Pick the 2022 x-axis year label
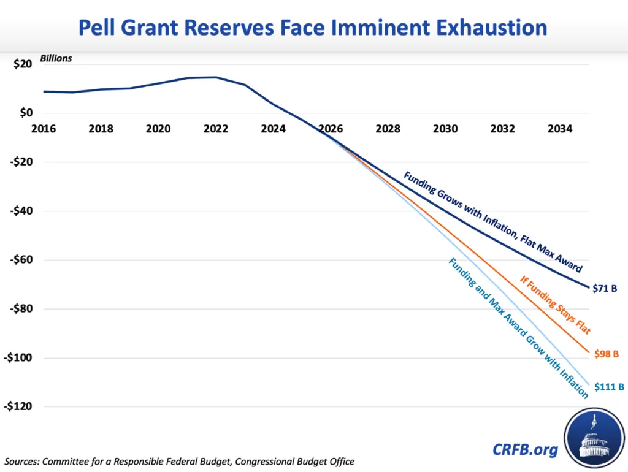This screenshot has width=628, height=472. click(215, 129)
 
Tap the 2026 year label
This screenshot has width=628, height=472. click(331, 129)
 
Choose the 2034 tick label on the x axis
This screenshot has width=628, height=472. click(560, 129)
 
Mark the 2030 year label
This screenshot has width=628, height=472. click(445, 129)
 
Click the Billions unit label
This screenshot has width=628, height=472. click(56, 59)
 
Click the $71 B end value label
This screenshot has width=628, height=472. click(605, 287)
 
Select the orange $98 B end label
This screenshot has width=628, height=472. click(607, 354)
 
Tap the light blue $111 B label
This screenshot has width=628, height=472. click(609, 387)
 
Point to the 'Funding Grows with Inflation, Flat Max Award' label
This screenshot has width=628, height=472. click(492, 222)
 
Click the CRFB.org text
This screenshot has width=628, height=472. click(526, 449)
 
